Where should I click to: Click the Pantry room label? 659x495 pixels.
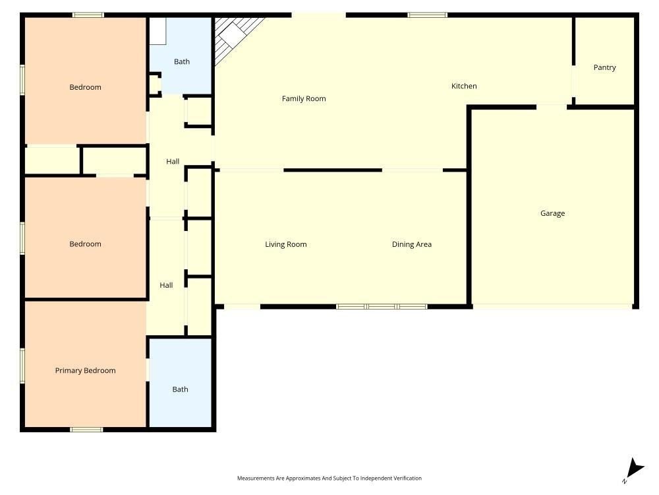pos(604,67)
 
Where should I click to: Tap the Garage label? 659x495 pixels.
pos(552,213)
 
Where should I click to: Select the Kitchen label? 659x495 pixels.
pos(464,86)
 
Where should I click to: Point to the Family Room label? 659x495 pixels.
pos(304,98)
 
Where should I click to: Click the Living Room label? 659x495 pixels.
pos(286,244)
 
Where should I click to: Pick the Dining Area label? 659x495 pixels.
pos(411,244)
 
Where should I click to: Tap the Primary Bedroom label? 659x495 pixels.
pos(85,370)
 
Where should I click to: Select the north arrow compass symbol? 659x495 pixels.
pos(634,470)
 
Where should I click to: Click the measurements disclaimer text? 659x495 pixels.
pos(329,478)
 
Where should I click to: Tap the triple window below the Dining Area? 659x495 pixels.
pos(382,306)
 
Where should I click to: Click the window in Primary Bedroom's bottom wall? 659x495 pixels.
pos(86,430)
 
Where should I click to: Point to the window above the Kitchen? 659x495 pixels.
pos(428,15)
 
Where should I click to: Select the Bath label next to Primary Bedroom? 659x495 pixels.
pos(181,389)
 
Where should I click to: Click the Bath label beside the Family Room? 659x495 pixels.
pos(182,61)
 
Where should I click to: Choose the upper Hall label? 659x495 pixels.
pos(173,161)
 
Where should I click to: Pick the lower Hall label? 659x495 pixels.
pos(166,285)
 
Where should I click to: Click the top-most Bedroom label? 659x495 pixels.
pos(85,87)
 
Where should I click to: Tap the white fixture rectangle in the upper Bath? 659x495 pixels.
pos(158,31)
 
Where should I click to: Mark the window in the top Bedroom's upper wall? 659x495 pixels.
pos(88,15)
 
